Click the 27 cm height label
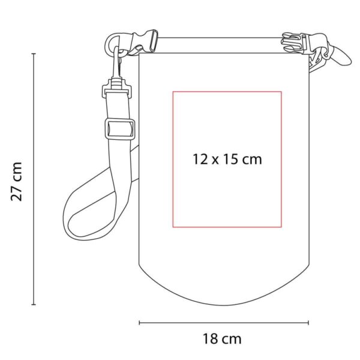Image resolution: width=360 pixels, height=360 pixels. [17, 182]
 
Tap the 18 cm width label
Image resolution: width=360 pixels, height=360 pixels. [222, 339]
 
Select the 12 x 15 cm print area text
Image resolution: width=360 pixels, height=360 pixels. [227, 159]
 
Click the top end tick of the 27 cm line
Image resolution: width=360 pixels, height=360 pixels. [34, 54]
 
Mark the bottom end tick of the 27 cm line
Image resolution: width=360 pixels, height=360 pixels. [34, 304]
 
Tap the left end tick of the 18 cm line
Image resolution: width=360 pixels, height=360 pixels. [139, 323]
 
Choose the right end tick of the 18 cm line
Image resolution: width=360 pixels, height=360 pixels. [308, 323]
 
